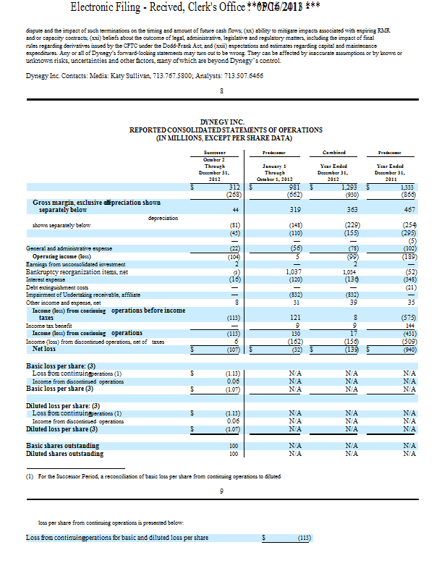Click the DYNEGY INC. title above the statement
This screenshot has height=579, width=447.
[226, 122]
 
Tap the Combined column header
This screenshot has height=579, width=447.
[337, 153]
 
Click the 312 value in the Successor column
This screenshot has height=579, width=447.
[234, 187]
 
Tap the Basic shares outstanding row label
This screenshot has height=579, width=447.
[62, 446]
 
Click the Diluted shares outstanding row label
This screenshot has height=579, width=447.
[64, 454]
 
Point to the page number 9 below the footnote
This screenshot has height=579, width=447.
[221, 492]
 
